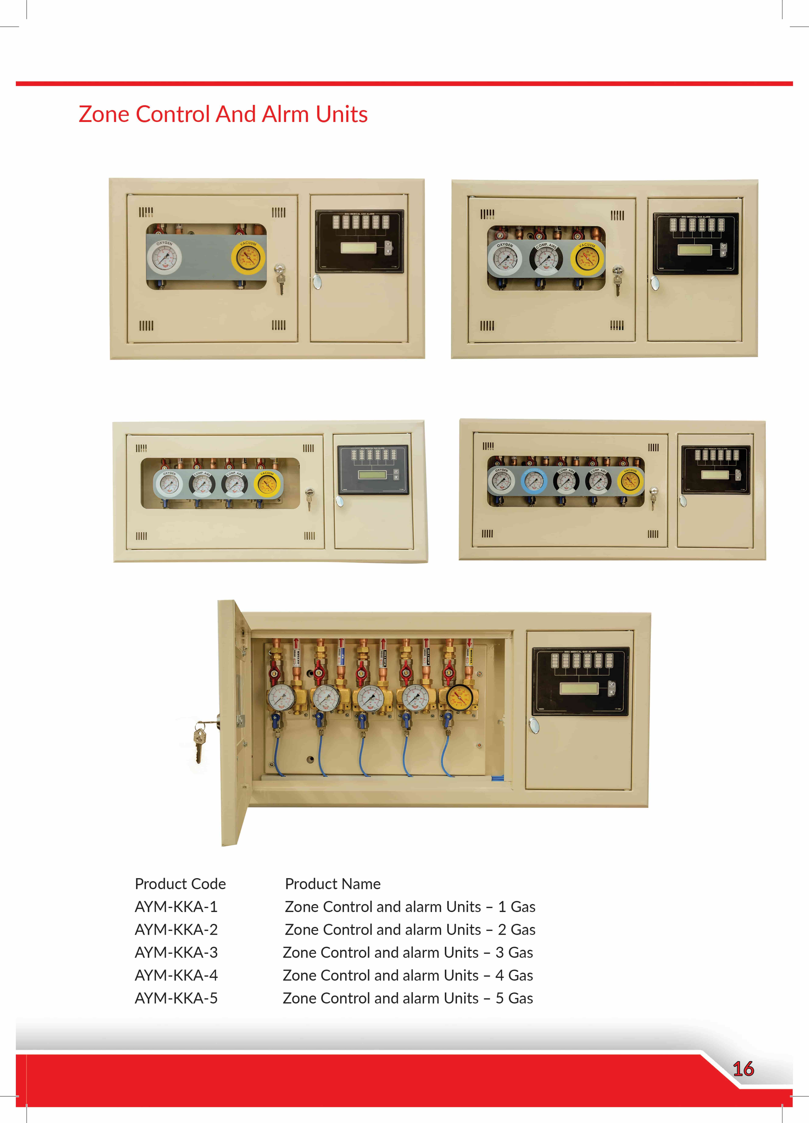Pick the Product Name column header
pyautogui.click(x=333, y=884)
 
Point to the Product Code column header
pyautogui.click(x=180, y=884)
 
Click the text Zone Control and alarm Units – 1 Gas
pyautogui.click(x=410, y=907)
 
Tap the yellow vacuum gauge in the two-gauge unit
pyautogui.click(x=248, y=258)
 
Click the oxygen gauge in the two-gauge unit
pyautogui.click(x=164, y=258)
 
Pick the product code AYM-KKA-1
pyautogui.click(x=176, y=907)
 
